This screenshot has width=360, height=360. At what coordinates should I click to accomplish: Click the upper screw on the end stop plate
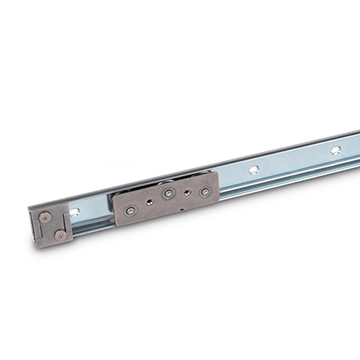pos(47,216)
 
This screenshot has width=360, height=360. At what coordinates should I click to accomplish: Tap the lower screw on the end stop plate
pos(59,233)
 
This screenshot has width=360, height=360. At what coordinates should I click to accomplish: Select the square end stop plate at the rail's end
pos(53,225)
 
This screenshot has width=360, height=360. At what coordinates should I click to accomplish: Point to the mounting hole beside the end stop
pos(75,213)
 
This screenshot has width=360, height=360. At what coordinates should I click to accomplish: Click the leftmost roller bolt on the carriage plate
pos(131,210)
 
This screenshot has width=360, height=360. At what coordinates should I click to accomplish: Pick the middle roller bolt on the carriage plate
pos(168,193)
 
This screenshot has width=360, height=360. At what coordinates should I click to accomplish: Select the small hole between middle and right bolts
pos(188,192)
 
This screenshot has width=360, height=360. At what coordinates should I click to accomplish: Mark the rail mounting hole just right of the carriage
pos(255,168)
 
